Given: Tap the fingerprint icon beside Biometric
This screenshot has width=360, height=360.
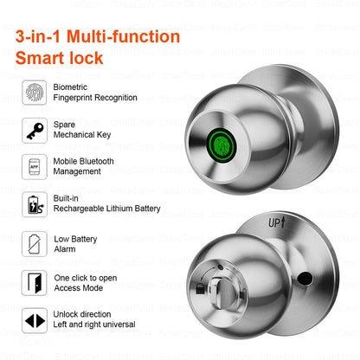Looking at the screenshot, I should click(x=35, y=91).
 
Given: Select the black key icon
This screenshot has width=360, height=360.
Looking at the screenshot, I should click(x=35, y=130).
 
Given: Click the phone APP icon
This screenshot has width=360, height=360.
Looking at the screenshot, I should click(x=35, y=166).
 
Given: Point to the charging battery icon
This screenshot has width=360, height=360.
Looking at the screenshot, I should click(x=35, y=205).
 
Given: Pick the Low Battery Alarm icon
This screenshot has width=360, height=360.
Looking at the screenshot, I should click(x=35, y=243).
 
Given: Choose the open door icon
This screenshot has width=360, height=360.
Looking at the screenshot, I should click(x=35, y=282).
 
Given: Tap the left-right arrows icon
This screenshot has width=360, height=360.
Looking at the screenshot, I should click(x=35, y=320).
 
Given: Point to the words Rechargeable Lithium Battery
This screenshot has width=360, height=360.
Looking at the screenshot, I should click(x=106, y=209).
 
